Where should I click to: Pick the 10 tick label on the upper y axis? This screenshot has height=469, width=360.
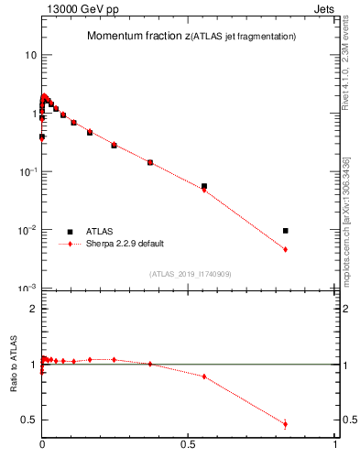[x=30, y=55]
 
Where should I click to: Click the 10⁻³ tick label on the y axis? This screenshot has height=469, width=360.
[x=27, y=289]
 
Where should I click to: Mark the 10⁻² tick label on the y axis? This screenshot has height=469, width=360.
[x=27, y=230]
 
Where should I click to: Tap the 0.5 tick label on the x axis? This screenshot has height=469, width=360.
[x=189, y=445]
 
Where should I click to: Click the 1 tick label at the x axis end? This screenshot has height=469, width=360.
[x=335, y=445]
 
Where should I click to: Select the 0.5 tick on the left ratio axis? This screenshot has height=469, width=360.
[x=30, y=420]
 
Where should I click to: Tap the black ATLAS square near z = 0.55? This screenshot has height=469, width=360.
[x=204, y=186]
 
